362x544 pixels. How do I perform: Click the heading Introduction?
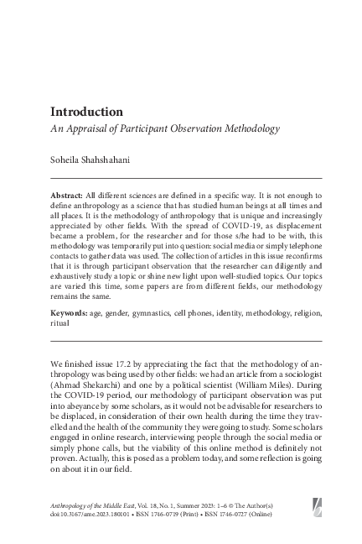click(x=87, y=112)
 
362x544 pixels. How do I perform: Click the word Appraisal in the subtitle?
click(x=86, y=129)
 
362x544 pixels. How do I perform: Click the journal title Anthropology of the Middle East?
click(x=102, y=501)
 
